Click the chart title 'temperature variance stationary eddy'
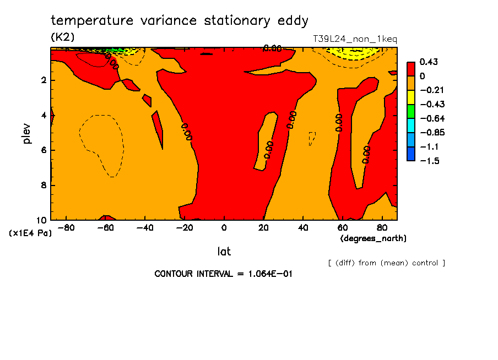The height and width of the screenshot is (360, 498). pos(179,21)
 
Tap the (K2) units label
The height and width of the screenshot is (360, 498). pos(62,37)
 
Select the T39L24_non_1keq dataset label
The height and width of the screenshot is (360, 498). pos(354,39)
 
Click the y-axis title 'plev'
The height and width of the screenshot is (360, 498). pos(27,134)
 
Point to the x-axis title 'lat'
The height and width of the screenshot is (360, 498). pos(224,252)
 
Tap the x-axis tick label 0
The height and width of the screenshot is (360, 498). pos(224,227)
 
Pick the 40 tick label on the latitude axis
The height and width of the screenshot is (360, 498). pos(302,227)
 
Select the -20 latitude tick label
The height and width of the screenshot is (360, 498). pos(184,227)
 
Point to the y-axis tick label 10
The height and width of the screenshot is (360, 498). pos(41,220)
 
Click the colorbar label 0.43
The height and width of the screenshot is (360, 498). pos(428,62)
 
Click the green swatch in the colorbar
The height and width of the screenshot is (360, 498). pos(410,111)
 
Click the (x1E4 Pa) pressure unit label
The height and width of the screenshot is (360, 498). pos(30,233)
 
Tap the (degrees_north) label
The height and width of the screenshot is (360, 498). pos(374,238)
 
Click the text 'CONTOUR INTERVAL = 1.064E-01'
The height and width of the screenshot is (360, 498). pos(223,274)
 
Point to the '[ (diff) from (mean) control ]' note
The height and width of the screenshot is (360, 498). pos(386,263)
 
